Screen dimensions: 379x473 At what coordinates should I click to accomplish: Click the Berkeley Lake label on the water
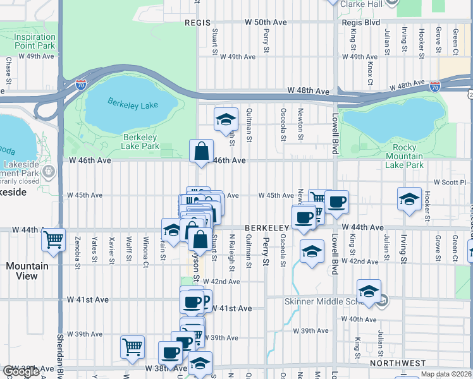click(133, 102)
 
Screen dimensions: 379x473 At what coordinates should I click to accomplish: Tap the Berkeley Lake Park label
click(140, 141)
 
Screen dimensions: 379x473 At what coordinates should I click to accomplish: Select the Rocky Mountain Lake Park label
click(404, 157)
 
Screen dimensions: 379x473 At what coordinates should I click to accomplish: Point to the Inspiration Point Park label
click(34, 41)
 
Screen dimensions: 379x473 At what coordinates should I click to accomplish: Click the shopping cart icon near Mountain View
click(54, 239)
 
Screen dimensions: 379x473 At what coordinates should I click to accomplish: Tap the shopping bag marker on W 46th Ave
click(201, 152)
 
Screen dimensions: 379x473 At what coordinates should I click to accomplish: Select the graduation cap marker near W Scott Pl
click(409, 198)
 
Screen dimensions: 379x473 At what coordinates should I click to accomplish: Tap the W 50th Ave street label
click(266, 22)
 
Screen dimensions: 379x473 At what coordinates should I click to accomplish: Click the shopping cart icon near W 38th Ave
click(132, 346)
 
